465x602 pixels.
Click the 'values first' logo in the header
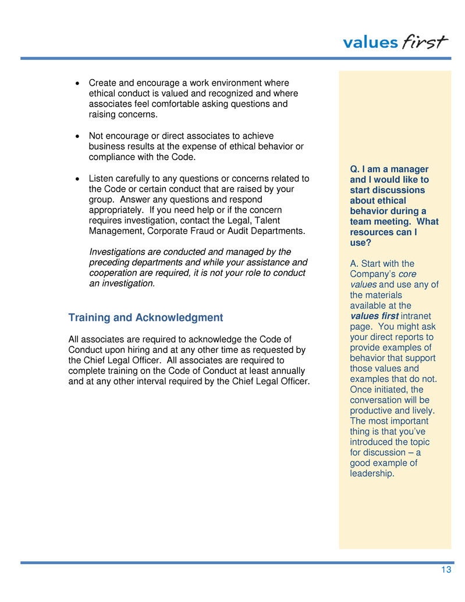coord(395,42)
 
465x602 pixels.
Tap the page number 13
coord(446,570)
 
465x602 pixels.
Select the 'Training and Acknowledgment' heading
coord(145,318)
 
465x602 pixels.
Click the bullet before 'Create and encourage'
coord(79,84)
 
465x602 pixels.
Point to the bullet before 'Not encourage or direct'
coord(79,136)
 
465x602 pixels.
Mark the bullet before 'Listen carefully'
coord(79,179)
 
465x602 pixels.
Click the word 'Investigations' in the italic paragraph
coord(116,252)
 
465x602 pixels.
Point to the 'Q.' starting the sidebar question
coord(354,169)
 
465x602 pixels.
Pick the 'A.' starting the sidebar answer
coord(354,264)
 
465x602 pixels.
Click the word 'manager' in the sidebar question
coord(411,169)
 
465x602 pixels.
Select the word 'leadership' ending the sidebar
coord(371,473)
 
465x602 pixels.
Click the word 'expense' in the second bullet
coord(212,147)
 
